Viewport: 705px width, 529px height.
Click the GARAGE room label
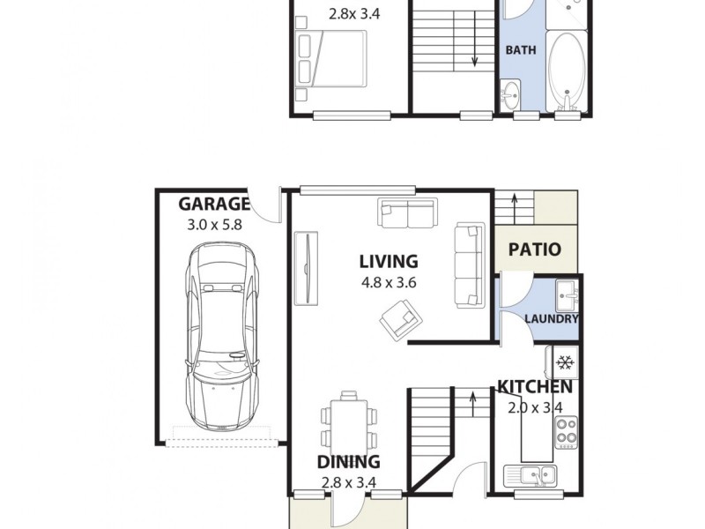coord(214,205)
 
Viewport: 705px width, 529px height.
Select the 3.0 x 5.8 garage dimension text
coord(214,225)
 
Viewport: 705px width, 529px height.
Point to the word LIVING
coord(388,261)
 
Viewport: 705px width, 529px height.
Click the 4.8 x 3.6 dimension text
coord(388,283)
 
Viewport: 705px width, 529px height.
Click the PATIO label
coord(535,250)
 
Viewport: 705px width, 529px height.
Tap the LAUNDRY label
coord(552,319)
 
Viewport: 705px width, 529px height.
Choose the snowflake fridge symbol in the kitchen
coord(565,361)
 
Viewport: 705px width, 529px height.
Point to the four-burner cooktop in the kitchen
coord(565,432)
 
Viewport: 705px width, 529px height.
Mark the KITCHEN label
coord(535,386)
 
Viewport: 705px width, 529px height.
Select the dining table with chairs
coord(348,422)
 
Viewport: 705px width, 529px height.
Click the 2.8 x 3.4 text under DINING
coord(348,481)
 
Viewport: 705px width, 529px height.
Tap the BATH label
coord(520,50)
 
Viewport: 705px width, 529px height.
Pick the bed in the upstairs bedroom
coord(332,58)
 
